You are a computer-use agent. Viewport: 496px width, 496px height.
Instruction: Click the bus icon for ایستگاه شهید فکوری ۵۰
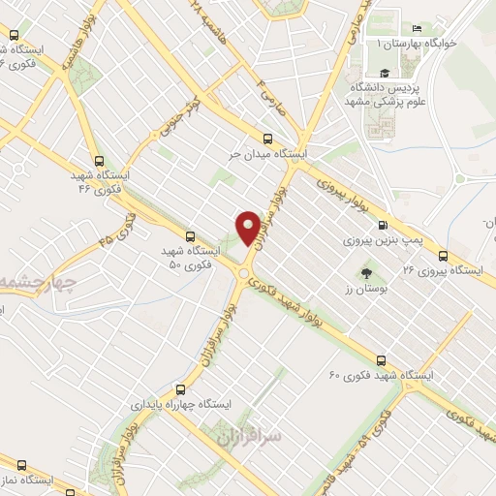point(189,234)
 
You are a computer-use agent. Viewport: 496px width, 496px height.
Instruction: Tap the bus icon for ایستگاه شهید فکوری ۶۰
point(380,358)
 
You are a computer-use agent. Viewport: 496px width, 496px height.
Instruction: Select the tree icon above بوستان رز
point(364,272)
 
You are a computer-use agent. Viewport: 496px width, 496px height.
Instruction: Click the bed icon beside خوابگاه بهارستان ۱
point(417,29)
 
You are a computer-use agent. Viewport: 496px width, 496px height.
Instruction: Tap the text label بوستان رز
point(364,289)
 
